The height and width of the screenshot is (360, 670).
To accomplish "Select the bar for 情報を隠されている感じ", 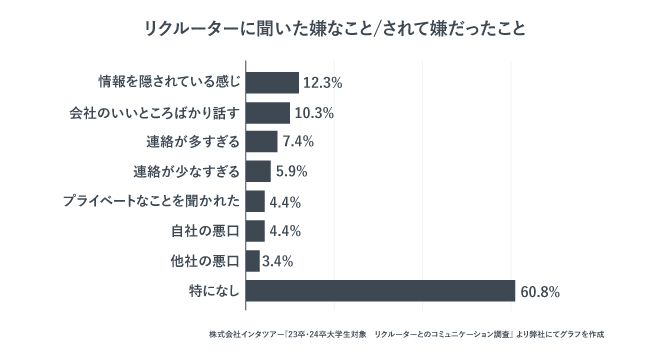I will tap(272, 83).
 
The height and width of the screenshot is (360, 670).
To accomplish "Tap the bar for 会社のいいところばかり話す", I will tap(267, 112).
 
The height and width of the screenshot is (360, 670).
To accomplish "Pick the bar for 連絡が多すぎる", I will tap(261, 142).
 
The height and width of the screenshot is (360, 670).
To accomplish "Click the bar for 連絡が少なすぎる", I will tap(258, 172).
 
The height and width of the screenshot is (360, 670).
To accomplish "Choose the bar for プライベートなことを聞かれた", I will tap(255, 202).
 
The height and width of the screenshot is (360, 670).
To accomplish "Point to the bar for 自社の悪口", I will tap(255, 232).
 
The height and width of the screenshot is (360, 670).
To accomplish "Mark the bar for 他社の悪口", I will tap(252, 262).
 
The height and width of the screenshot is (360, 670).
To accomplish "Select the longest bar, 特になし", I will tap(380, 292).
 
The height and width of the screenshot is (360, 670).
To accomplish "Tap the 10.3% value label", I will tap(313, 112).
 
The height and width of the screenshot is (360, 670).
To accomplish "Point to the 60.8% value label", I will tap(539, 292).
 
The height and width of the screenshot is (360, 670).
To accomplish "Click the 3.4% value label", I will tap(279, 262).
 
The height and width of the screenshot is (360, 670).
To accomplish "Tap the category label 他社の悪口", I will tap(205, 262).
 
